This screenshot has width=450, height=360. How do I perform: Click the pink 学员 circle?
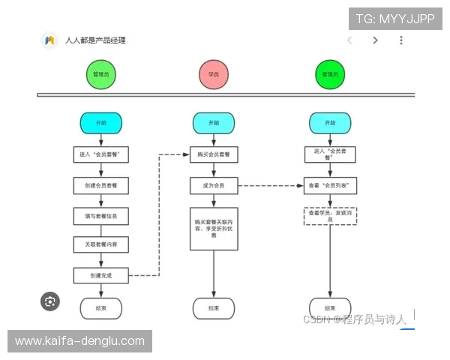(213, 75)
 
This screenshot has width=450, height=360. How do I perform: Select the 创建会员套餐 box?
(100, 185)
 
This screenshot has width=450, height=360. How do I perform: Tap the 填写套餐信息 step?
(100, 216)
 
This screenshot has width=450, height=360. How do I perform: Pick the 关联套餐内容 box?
(100, 245)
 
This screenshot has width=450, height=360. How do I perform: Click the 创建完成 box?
(100, 275)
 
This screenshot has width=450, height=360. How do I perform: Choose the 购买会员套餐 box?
(214, 154)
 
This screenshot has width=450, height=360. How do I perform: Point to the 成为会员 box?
(214, 185)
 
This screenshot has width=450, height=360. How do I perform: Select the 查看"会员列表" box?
(330, 185)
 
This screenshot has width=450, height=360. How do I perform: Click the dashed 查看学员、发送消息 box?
(330, 215)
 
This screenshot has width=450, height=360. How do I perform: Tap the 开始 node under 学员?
(214, 123)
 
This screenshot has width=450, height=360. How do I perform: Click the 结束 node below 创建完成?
(100, 308)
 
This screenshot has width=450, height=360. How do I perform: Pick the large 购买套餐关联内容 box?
(214, 229)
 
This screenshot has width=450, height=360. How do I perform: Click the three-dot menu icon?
(401, 40)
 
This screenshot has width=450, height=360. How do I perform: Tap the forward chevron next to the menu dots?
(375, 40)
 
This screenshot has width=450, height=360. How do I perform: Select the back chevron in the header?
(349, 40)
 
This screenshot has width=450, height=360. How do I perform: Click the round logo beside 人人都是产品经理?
(49, 40)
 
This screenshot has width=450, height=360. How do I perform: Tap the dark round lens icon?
(50, 301)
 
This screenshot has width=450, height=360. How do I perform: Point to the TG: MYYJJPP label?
(394, 19)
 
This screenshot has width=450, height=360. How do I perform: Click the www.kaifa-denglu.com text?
(79, 341)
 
